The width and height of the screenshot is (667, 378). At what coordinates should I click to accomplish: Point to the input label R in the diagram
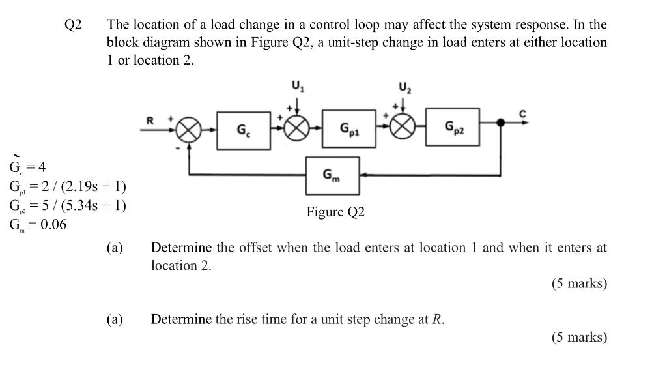click(x=150, y=120)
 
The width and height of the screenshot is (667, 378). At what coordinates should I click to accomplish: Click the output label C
click(x=521, y=114)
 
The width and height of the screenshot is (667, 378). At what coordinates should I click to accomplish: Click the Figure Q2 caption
click(x=335, y=212)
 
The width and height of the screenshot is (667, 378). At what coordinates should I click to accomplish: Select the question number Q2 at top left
click(x=73, y=25)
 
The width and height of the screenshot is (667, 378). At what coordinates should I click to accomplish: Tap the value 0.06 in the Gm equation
click(x=50, y=225)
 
